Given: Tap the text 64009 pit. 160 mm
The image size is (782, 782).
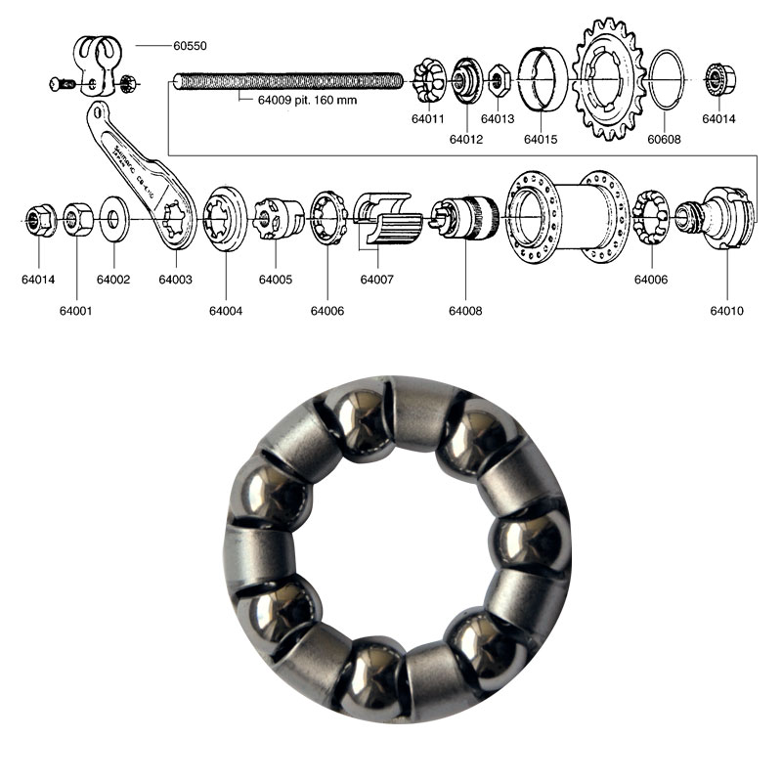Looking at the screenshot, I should [299, 98].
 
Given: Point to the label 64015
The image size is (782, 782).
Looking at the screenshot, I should [540, 140].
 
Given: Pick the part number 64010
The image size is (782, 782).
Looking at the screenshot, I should [727, 311].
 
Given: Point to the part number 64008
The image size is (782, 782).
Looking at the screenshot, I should [465, 311].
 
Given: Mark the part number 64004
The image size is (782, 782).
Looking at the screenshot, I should [225, 311].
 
